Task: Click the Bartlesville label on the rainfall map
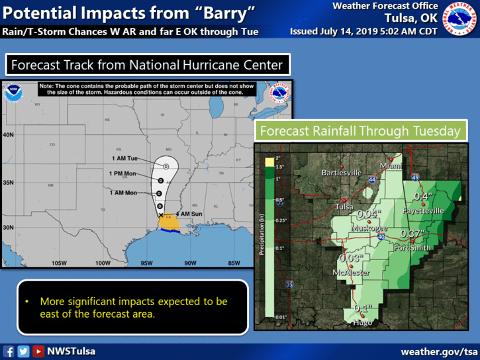click(x=341, y=173)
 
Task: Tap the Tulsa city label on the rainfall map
click(x=343, y=206)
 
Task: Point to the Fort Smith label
click(x=412, y=248)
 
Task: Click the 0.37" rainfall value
click(x=411, y=234)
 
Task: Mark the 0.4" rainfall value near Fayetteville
click(x=422, y=197)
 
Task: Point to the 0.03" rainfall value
click(x=350, y=258)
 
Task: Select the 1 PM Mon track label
click(x=124, y=173)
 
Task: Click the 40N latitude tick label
click(x=9, y=134)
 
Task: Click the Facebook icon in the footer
click(x=9, y=351)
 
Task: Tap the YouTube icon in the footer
click(x=38, y=351)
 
